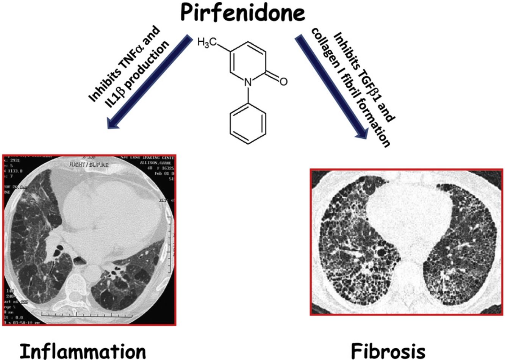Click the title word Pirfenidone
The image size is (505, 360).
click(243, 13)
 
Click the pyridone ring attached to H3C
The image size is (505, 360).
click(248, 61)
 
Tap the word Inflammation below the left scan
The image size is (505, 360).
click(83, 350)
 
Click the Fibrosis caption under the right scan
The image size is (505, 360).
click(388, 350)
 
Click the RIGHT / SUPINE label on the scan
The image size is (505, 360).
click(88, 165)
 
